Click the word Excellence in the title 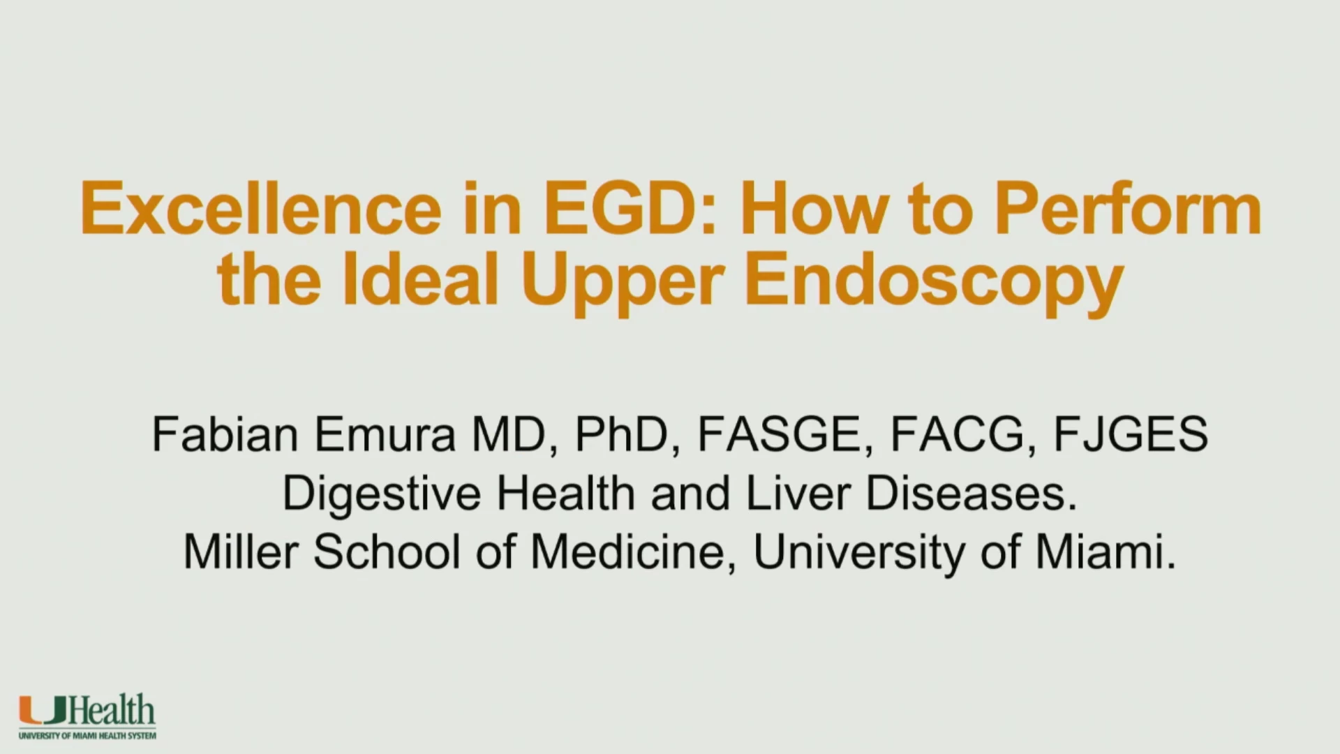(261, 209)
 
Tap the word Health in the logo (112, 711)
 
